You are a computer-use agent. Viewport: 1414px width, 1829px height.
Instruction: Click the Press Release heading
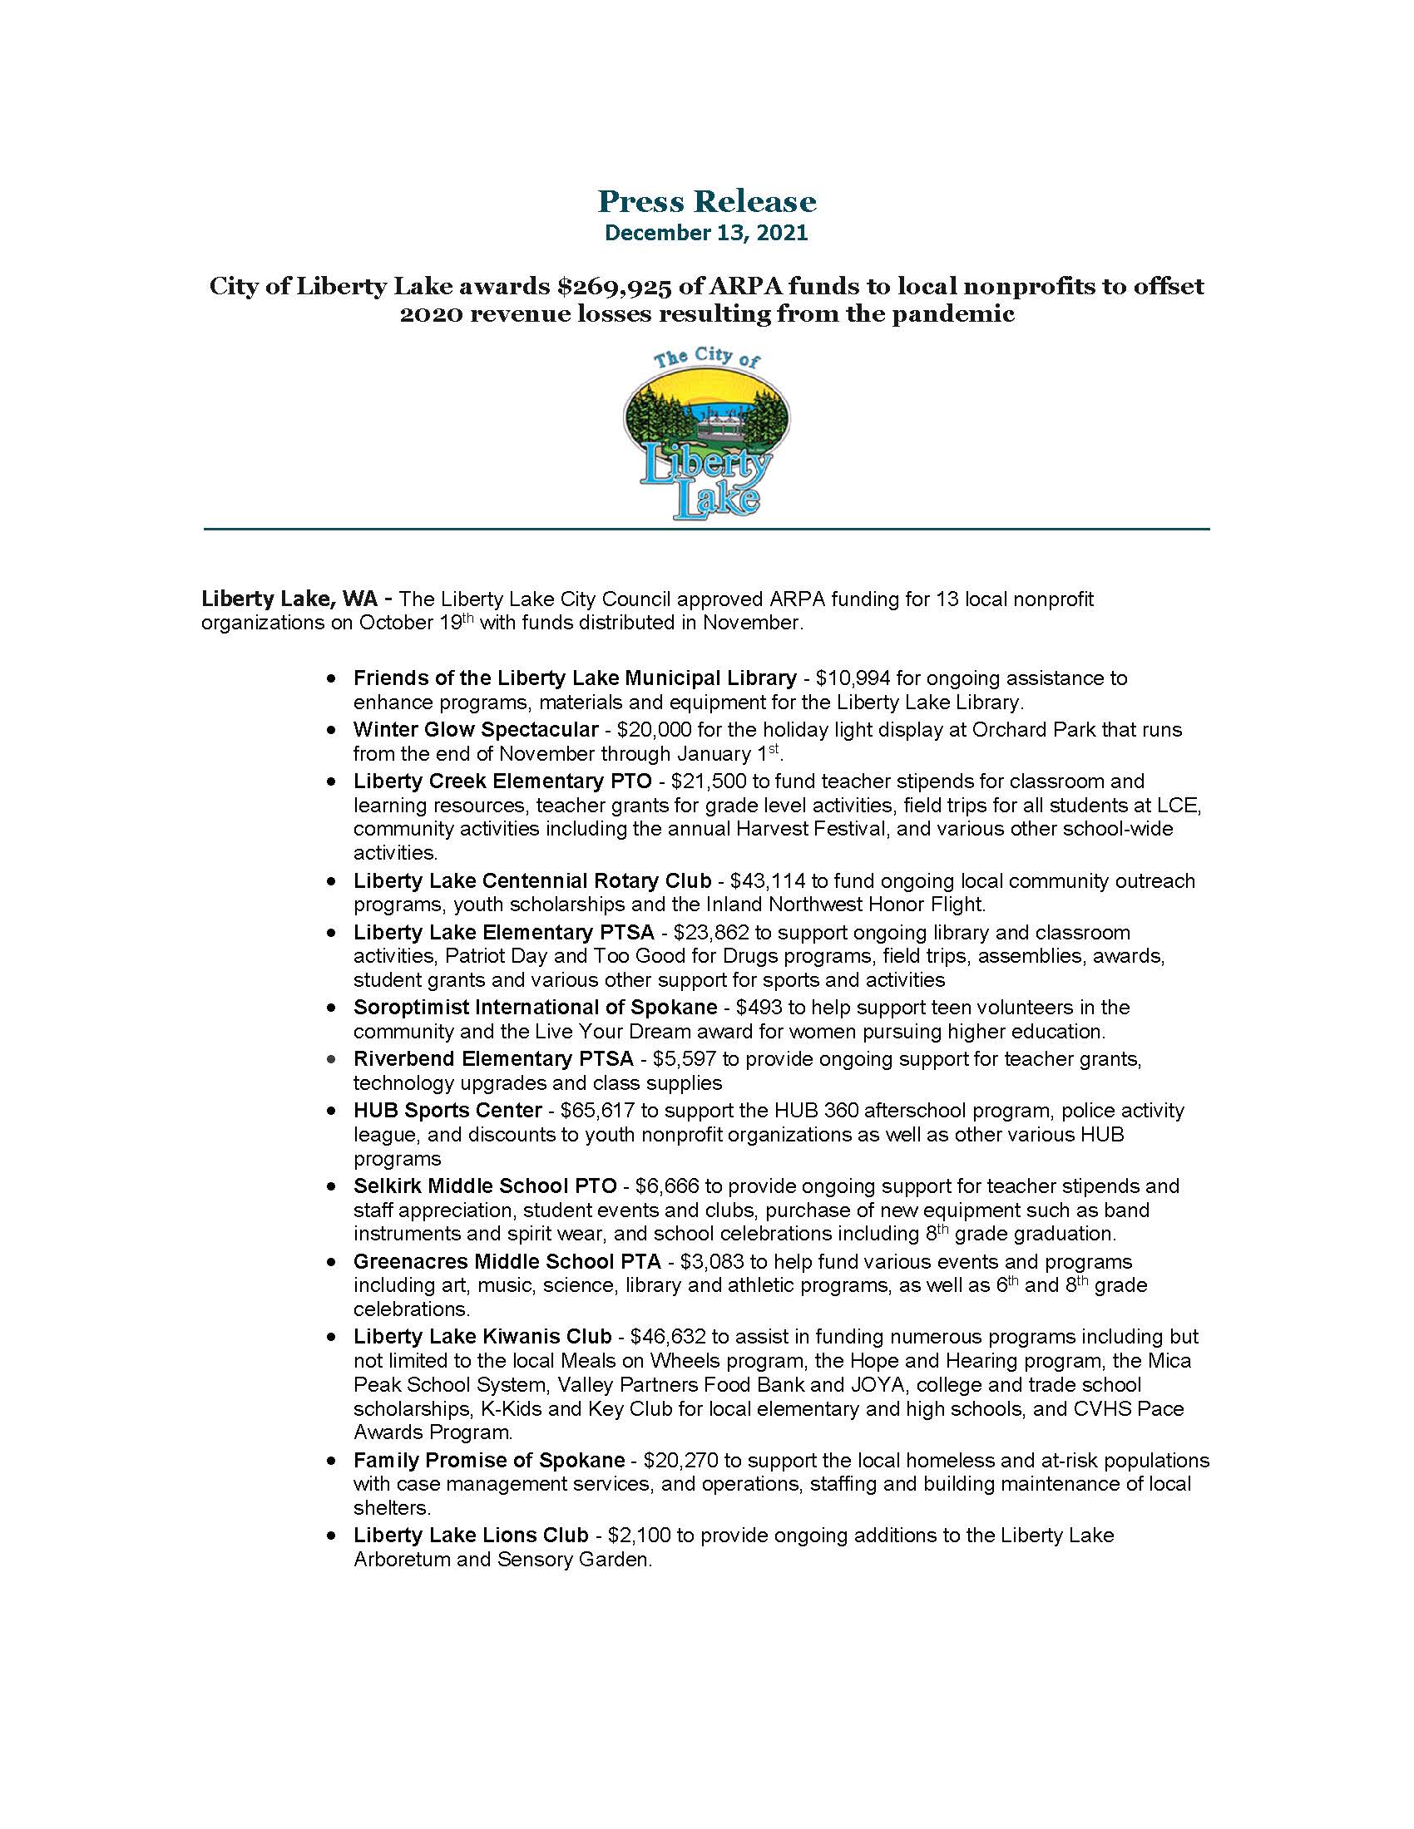point(706,201)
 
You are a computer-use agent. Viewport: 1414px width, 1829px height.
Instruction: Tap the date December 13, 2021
point(706,233)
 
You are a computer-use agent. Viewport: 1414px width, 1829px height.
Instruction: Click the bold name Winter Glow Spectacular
point(476,729)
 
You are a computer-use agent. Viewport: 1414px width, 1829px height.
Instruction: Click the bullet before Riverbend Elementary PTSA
point(333,1059)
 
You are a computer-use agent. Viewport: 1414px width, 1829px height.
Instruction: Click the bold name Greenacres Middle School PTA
point(507,1261)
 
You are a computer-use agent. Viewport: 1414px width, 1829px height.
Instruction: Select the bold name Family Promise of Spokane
point(488,1461)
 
